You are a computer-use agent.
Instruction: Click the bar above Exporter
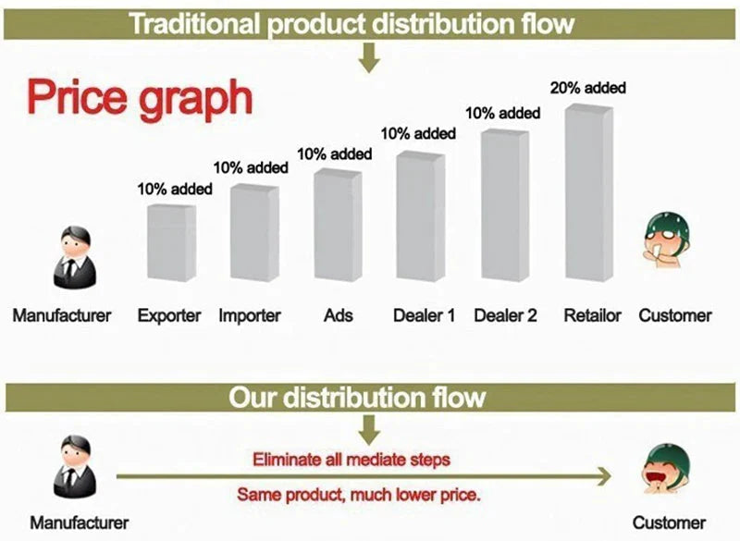tap(172, 242)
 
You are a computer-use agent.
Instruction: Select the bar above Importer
tap(255, 232)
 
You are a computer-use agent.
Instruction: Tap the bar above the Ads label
tap(339, 225)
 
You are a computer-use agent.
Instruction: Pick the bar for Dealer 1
tap(421, 216)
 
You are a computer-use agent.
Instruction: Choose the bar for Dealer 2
tap(505, 205)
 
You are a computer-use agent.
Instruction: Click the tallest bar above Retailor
tap(589, 192)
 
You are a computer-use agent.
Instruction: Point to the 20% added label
tap(588, 88)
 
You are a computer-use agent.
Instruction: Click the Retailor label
tap(593, 315)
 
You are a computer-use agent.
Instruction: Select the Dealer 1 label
tap(425, 315)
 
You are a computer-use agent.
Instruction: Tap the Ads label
tap(339, 315)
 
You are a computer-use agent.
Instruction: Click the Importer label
tap(250, 315)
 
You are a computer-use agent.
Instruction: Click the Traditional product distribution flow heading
tap(352, 24)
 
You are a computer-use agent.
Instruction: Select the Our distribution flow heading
tap(357, 397)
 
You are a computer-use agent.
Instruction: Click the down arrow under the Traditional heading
tap(369, 57)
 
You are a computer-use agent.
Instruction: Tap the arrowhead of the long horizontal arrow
tap(605, 476)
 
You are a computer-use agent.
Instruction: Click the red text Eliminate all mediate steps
tap(351, 459)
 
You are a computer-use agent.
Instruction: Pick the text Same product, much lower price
tap(359, 495)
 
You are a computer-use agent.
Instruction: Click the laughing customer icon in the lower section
tap(666, 468)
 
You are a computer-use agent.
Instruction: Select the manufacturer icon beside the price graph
tap(75, 257)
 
